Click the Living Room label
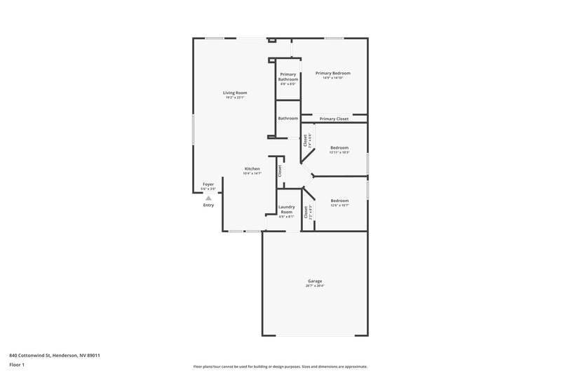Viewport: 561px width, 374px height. tap(235, 93)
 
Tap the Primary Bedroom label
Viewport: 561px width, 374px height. tap(332, 73)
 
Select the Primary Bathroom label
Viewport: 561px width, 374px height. tap(288, 76)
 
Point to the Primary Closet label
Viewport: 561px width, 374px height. tap(334, 119)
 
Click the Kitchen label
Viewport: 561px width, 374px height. tap(252, 168)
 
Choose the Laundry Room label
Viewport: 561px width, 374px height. tap(286, 209)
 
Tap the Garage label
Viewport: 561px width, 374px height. tap(315, 281)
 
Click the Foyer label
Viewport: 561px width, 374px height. tap(208, 184)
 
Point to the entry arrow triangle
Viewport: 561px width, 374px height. tap(208, 199)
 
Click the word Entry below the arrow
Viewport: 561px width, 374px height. tap(208, 206)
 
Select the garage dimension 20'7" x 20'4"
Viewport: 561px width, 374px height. tap(315, 286)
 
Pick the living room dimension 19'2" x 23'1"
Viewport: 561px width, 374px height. tap(235, 98)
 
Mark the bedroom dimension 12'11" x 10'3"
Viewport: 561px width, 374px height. tap(339, 152)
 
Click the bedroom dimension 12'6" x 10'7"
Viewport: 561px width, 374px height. tap(339, 206)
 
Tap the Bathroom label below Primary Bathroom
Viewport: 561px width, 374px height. tap(288, 118)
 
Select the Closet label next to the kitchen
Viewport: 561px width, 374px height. tap(279, 170)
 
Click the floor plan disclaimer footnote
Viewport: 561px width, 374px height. tap(280, 366)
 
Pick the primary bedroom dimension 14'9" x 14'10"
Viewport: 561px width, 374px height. tap(332, 78)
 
